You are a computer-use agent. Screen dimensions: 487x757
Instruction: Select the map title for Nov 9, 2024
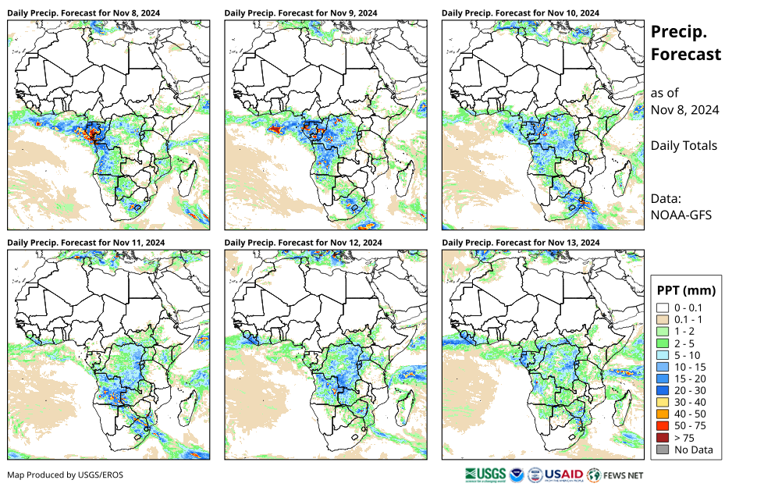[300, 13]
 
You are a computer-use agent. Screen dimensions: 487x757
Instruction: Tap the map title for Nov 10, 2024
[521, 13]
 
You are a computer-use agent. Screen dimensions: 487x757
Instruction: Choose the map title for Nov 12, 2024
[303, 243]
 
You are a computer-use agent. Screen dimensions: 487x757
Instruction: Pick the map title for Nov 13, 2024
[521, 243]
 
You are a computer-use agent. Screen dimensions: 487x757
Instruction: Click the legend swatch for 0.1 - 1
[663, 320]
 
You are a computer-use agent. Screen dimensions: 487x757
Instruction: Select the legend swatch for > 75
[663, 438]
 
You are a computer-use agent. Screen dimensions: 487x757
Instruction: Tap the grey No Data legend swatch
[663, 450]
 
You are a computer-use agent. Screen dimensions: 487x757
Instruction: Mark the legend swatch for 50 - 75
[663, 426]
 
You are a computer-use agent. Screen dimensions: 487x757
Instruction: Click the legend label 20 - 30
[691, 390]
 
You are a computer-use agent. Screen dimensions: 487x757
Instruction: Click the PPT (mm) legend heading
[686, 290]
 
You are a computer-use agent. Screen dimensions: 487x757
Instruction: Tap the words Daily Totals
[684, 145]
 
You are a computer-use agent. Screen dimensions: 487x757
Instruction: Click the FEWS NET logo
[617, 474]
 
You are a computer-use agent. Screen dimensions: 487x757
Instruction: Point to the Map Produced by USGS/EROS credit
[65, 475]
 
